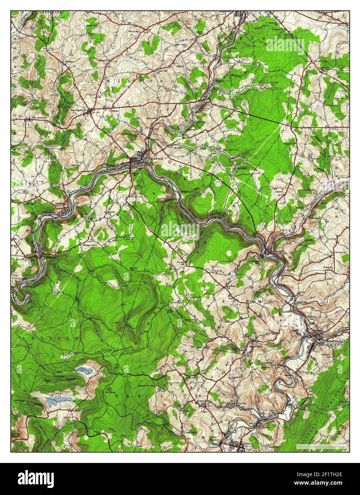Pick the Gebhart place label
(x=114, y=110)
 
